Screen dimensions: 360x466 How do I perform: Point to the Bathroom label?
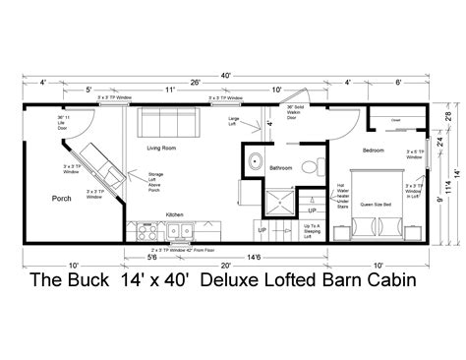click(284, 168)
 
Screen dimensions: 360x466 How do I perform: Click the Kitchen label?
click(174, 213)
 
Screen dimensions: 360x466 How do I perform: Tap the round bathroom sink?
click(255, 161)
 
